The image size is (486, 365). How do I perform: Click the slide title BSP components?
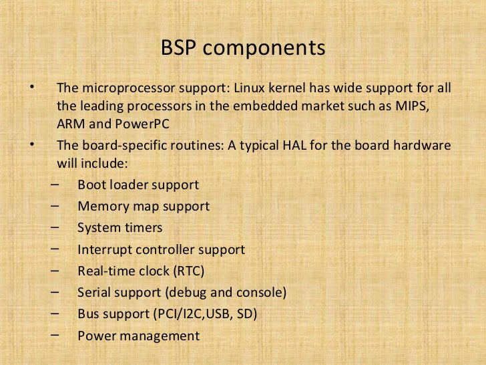coord(243,49)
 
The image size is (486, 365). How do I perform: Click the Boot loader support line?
coord(138,185)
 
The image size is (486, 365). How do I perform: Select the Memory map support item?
coord(144,206)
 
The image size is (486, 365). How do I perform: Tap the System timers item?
coord(119,228)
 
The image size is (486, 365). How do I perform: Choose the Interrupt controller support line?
coord(161,250)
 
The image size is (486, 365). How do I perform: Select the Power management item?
coord(138,336)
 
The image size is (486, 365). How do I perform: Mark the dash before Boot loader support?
coord(54,182)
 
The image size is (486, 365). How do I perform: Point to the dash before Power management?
coord(54,334)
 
